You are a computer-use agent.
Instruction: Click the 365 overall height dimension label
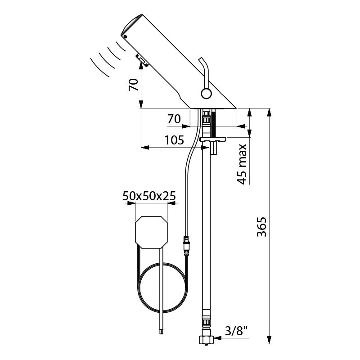point(262,227)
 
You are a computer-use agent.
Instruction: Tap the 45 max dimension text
point(242,164)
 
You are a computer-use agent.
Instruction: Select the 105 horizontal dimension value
point(175,140)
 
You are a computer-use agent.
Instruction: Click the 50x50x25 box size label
point(149,196)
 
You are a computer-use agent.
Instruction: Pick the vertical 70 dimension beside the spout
point(133,85)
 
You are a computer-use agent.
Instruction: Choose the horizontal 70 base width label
point(174,119)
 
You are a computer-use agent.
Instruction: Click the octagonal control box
point(151,232)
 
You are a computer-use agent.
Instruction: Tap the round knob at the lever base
point(206,94)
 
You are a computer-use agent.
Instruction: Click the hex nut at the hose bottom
point(206,340)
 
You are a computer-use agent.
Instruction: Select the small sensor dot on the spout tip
point(125,36)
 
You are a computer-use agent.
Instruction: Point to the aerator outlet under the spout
point(142,60)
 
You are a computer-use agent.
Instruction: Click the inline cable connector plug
point(186,244)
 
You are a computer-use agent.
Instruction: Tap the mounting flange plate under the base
point(213,139)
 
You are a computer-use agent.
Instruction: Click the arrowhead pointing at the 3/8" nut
point(217,338)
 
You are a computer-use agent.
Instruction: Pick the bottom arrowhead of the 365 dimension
point(270,340)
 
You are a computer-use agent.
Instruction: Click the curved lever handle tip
point(200,59)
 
